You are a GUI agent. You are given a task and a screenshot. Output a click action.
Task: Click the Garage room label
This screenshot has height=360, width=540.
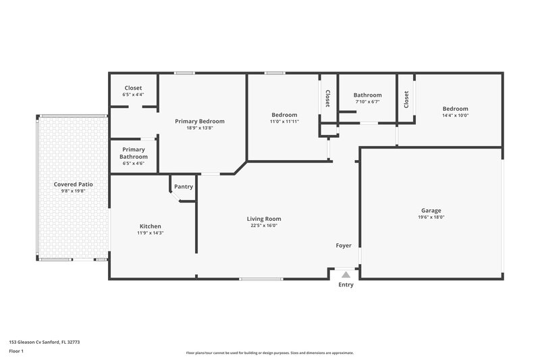pyautogui.click(x=431, y=211)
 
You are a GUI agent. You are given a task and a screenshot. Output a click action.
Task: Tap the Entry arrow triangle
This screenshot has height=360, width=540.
pyautogui.click(x=346, y=274)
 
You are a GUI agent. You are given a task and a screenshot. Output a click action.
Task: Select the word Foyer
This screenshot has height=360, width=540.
pyautogui.click(x=344, y=246)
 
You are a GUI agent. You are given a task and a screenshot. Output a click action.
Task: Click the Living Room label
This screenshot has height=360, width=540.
pyautogui.click(x=263, y=219)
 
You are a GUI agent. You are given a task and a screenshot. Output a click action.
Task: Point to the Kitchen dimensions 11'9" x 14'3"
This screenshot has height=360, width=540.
pyautogui.click(x=150, y=233)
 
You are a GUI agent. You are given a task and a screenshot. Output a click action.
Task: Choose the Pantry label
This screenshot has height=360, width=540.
pyautogui.click(x=184, y=187)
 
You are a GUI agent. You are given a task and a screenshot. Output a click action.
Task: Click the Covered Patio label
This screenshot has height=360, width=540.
pyautogui.click(x=74, y=184)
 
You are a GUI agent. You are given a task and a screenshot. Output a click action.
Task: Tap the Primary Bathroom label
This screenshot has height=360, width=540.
pyautogui.click(x=133, y=153)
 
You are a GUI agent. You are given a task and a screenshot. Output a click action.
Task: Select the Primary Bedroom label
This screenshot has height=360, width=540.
pyautogui.click(x=200, y=122)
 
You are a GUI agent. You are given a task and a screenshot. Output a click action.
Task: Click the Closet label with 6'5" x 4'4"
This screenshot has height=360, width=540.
pyautogui.click(x=133, y=88)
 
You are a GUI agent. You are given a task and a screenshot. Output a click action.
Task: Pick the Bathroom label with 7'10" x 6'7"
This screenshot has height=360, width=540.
pyautogui.click(x=367, y=95)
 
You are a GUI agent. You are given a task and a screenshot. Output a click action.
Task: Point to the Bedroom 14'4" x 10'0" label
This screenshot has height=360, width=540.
pyautogui.click(x=455, y=109)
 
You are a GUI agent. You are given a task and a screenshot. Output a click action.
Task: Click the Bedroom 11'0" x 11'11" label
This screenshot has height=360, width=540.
pyautogui.click(x=284, y=115)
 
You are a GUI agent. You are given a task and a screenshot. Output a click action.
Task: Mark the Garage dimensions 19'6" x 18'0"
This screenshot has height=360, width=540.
pyautogui.click(x=431, y=217)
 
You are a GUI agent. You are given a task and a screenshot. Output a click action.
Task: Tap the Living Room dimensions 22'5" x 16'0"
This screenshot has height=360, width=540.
pyautogui.click(x=263, y=226)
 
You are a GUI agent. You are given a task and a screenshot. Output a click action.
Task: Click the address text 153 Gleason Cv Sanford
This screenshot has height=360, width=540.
pyautogui.click(x=38, y=342)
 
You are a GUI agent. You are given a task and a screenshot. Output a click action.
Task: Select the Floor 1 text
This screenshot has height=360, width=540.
pyautogui.click(x=16, y=352)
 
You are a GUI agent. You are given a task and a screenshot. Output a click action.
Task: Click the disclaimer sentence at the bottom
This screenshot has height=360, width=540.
pyautogui.click(x=269, y=353)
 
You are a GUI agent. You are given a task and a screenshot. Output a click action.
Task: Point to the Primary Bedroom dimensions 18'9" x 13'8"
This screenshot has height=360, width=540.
pyautogui.click(x=200, y=128)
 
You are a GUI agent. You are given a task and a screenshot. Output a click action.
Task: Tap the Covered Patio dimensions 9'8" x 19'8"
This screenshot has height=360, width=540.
pyautogui.click(x=74, y=191)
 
